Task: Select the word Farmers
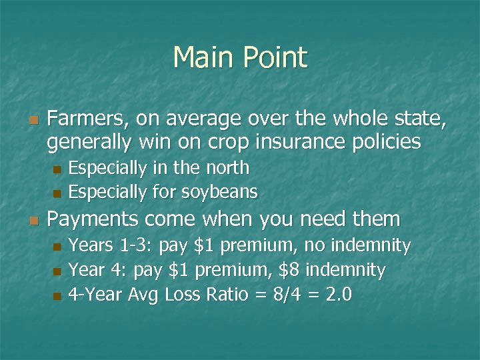tap(88, 120)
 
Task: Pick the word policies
tap(389, 141)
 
